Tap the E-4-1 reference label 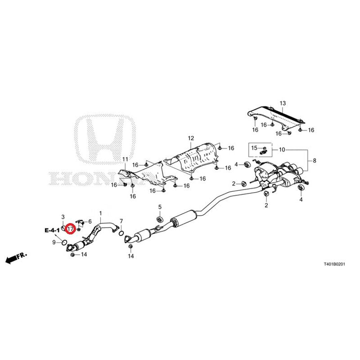tap(52, 230)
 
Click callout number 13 tap(283, 104)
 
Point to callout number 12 tap(191, 138)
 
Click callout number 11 tap(125, 159)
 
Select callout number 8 tap(315, 161)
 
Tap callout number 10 tap(282, 149)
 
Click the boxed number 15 tap(254, 148)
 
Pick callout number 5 tap(159, 207)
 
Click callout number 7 tap(121, 221)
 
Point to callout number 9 tap(54, 243)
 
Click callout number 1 tap(101, 213)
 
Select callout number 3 tap(63, 217)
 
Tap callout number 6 tap(90, 221)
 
